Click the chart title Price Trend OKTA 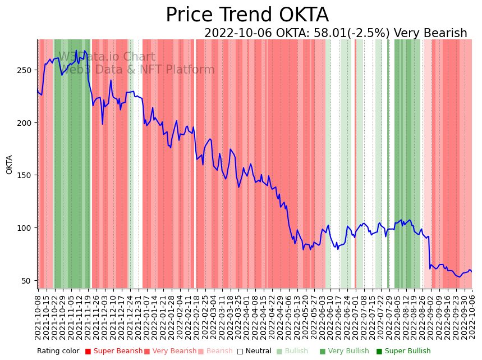[247, 15]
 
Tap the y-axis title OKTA [10, 165]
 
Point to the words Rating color [58, 352]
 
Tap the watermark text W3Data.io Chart [107, 57]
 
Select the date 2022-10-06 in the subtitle [238, 33]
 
